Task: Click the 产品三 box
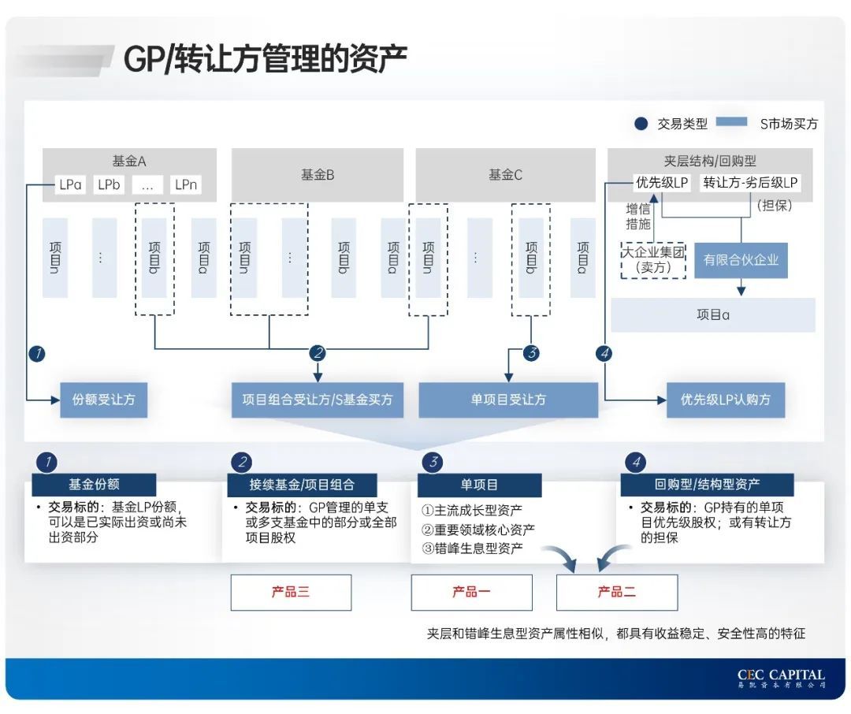[x=291, y=592]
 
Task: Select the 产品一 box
[x=471, y=592]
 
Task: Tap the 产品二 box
[x=617, y=592]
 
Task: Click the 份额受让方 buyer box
[x=103, y=400]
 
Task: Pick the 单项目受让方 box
[x=508, y=400]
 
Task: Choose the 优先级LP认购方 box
[x=726, y=400]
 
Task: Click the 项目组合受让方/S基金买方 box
[x=317, y=400]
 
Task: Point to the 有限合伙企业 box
[x=741, y=259]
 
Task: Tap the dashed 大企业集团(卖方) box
[x=653, y=260]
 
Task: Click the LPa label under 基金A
[x=70, y=185]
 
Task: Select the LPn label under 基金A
[x=186, y=185]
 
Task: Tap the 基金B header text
[x=318, y=174]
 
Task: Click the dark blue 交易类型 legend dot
[x=641, y=123]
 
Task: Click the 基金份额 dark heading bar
[x=94, y=484]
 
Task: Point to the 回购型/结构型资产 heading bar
[x=707, y=484]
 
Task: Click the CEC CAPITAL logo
[x=781, y=678]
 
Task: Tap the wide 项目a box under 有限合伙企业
[x=713, y=314]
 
